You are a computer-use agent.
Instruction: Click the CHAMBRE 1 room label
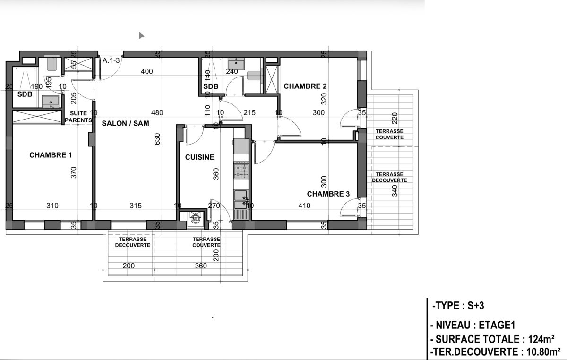51,155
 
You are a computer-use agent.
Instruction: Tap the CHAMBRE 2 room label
305,86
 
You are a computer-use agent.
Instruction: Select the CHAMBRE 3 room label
328,194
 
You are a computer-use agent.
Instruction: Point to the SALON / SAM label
125,123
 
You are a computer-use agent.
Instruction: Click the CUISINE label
199,157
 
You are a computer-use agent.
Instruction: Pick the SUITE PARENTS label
78,117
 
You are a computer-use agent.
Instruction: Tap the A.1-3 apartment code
111,60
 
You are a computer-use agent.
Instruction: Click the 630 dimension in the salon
157,139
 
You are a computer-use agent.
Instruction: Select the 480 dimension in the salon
157,112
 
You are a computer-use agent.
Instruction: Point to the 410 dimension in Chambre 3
304,206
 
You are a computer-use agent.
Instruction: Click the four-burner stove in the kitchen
241,171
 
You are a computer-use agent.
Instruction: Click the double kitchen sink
241,199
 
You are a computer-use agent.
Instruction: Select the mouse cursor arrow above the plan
141,35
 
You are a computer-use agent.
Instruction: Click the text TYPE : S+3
458,306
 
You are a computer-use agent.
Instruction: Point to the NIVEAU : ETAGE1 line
472,325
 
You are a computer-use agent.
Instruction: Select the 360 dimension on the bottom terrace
201,266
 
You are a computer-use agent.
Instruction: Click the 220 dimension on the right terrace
395,118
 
